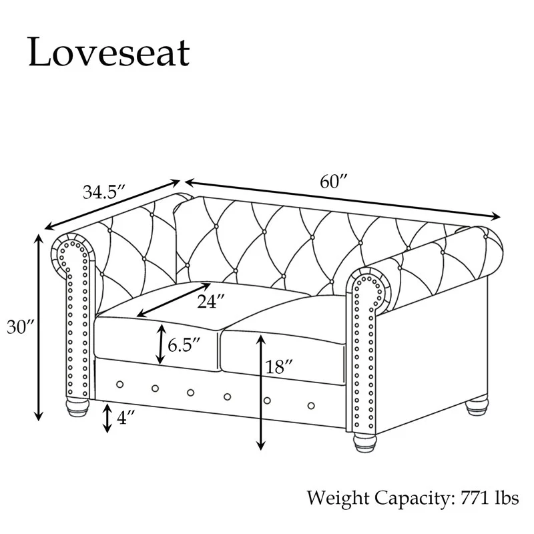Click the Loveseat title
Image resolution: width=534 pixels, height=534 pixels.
tap(109, 52)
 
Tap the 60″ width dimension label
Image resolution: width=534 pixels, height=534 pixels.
tap(333, 182)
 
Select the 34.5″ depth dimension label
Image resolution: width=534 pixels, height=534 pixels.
tap(104, 192)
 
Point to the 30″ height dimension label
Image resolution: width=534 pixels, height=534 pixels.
tap(21, 327)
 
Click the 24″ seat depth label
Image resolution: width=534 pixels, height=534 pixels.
tap(211, 301)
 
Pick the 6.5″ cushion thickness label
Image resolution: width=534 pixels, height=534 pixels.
tap(184, 345)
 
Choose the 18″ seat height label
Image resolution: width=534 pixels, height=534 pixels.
tap(279, 366)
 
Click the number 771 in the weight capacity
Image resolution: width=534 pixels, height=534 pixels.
tap(475, 497)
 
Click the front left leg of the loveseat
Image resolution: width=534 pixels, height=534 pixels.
tap(77, 407)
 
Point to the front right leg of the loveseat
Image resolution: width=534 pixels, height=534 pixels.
tap(364, 442)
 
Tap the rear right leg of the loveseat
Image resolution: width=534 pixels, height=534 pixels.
tap(477, 406)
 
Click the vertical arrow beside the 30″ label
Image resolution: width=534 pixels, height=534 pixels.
tap(39, 327)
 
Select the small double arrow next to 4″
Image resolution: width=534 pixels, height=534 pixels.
tap(107, 418)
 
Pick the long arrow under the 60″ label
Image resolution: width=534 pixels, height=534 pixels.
tap(342, 199)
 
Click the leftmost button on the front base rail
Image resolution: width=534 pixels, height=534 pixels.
tap(119, 384)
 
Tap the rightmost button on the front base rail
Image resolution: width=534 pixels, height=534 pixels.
tap(311, 406)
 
